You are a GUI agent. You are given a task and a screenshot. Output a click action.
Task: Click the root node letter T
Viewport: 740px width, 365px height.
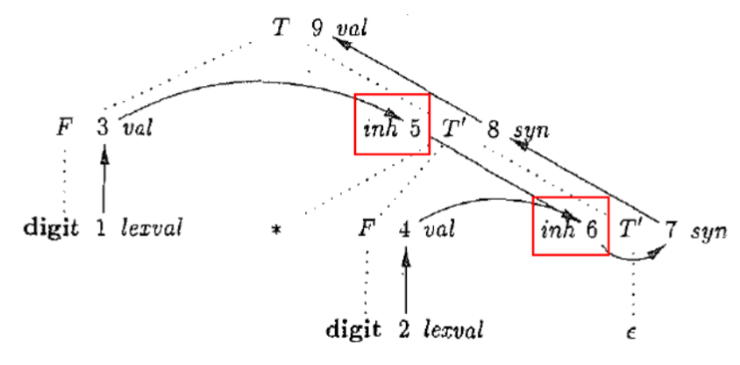pyautogui.click(x=280, y=28)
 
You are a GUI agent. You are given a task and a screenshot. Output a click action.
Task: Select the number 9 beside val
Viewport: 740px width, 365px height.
pyautogui.click(x=316, y=28)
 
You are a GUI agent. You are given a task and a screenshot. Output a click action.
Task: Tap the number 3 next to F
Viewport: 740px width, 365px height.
pyautogui.click(x=103, y=129)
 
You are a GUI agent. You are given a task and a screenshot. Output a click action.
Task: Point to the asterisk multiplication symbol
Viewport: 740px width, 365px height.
pyautogui.click(x=276, y=233)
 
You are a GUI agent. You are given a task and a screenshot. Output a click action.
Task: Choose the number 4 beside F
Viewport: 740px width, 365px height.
pyautogui.click(x=404, y=230)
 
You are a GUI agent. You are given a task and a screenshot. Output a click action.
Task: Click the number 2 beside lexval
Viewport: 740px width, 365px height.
pyautogui.click(x=404, y=331)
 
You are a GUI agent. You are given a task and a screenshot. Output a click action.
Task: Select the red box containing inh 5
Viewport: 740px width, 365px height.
pyautogui.click(x=392, y=123)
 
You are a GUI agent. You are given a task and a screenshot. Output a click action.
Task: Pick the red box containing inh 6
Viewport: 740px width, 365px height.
pyautogui.click(x=571, y=225)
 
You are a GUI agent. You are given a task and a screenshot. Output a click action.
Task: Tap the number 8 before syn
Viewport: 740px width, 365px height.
pyautogui.click(x=494, y=130)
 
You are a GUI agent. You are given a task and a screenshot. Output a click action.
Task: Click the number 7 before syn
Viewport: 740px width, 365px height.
pyautogui.click(x=671, y=231)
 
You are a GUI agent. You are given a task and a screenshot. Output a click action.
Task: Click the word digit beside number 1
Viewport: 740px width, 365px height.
pyautogui.click(x=53, y=230)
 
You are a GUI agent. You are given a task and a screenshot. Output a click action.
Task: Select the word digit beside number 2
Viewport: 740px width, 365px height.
pyautogui.click(x=353, y=331)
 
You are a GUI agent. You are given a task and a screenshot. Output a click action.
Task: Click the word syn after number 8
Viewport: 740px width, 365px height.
pyautogui.click(x=531, y=131)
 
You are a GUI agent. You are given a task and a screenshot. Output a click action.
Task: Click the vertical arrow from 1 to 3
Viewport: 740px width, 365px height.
pyautogui.click(x=103, y=180)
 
